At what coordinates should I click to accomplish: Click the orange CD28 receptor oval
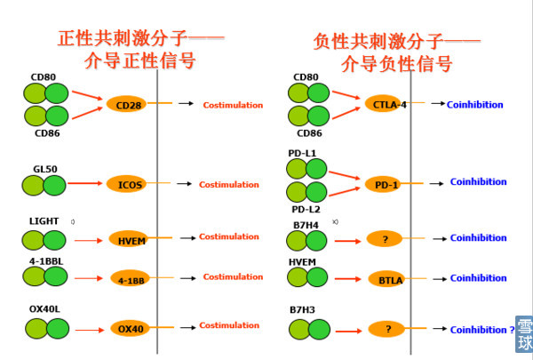coord(126,104)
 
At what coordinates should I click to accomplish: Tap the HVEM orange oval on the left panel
coord(127,238)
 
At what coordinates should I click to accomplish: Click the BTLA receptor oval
coord(386,279)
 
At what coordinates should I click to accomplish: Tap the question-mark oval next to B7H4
coord(386,238)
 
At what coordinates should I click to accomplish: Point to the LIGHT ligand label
coord(43,220)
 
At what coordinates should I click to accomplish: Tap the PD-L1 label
coord(302,153)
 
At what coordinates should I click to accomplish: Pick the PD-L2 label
coord(305,209)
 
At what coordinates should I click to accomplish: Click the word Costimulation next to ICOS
coord(229,185)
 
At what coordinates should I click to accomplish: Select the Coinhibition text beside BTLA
coord(478,278)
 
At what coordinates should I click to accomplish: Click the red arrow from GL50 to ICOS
coord(86,184)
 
